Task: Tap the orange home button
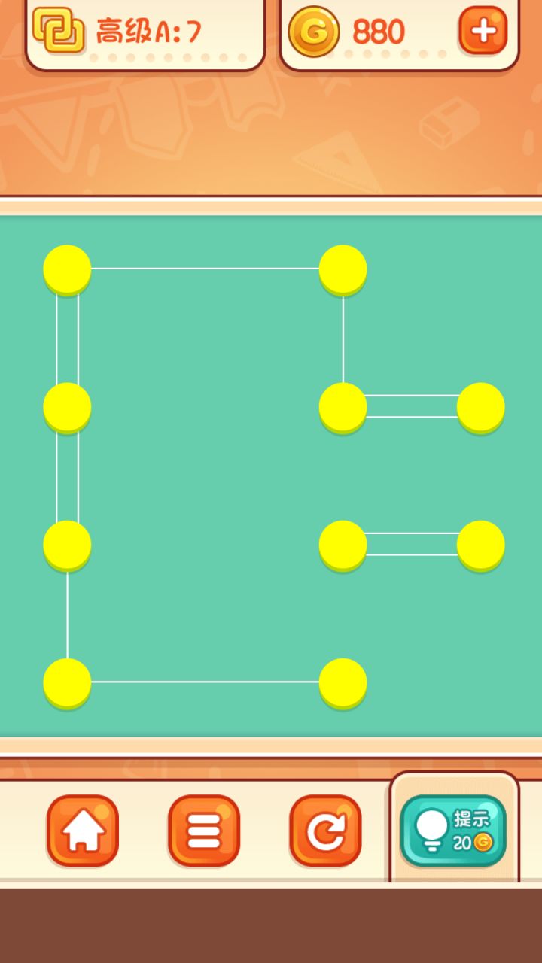coord(83,830)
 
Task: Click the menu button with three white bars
coord(204,830)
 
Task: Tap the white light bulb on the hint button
coord(431,829)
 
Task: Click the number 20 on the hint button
coord(462,843)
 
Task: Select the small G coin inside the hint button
coord(483,842)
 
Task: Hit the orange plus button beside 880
coord(483,31)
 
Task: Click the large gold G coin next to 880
coord(314,32)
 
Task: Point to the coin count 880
coord(379,32)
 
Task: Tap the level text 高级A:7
coord(149,31)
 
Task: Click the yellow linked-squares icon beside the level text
coord(59,30)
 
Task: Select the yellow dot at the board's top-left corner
coord(67,270)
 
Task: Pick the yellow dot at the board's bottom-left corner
coord(67,683)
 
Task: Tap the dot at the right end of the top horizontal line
coord(343,270)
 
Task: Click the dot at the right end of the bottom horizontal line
coord(343,683)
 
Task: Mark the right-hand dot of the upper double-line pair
coord(480,408)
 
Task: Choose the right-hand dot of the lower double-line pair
coord(480,545)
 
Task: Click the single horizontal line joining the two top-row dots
coord(205,269)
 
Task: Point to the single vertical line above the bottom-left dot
coord(67,615)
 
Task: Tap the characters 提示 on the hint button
coord(471,819)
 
